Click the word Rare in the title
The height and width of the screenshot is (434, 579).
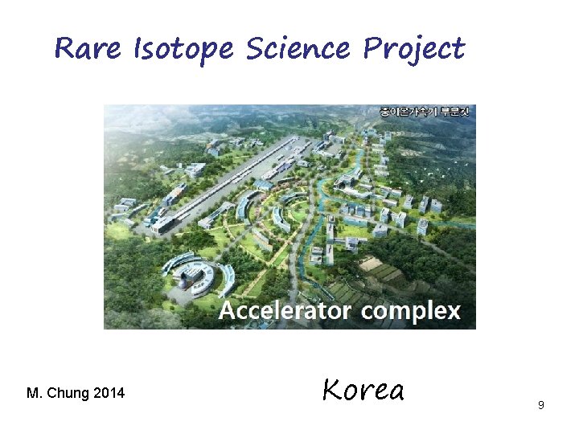point(86,49)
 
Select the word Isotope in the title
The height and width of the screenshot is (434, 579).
point(183,50)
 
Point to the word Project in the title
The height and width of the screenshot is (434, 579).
point(414,50)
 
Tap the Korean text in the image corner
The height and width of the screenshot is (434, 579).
point(427,111)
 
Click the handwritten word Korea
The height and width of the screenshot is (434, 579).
point(363,390)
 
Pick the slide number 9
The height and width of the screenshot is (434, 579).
point(541,405)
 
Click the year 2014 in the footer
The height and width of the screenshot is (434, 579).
point(109,393)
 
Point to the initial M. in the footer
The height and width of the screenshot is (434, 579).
point(35,393)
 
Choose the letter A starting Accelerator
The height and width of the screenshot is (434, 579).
point(227,311)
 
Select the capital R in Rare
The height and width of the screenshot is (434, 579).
point(64,49)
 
